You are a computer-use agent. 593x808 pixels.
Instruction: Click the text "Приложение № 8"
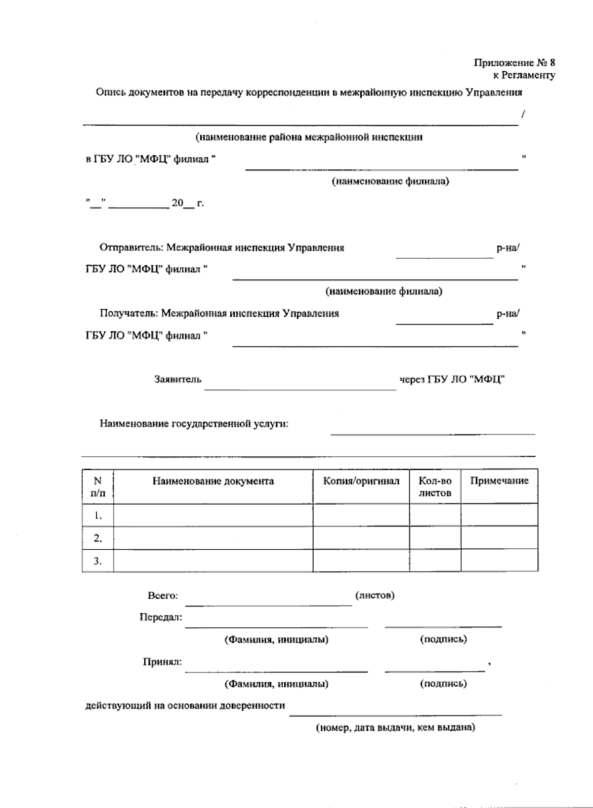(x=514, y=63)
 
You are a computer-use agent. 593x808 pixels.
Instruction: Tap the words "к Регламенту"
(x=524, y=75)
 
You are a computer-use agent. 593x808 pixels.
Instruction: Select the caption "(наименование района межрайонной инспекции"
(x=309, y=137)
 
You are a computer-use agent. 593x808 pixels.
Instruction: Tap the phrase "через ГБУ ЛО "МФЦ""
(x=452, y=380)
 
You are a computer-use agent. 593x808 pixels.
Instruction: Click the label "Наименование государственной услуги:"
(x=194, y=424)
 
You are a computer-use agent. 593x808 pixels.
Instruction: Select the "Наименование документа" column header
(x=213, y=481)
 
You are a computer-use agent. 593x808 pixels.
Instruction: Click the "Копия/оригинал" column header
(x=361, y=481)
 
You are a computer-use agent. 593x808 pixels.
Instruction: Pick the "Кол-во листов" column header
(x=435, y=486)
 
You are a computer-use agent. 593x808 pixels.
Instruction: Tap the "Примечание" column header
(x=499, y=481)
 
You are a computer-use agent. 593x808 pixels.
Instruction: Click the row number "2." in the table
(x=98, y=538)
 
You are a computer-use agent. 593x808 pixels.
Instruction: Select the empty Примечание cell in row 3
(x=499, y=561)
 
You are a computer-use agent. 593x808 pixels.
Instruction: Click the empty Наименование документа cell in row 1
(x=213, y=515)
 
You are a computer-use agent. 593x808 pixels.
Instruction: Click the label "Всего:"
(x=163, y=596)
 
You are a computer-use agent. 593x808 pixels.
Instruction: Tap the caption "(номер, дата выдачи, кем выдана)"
(x=395, y=727)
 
